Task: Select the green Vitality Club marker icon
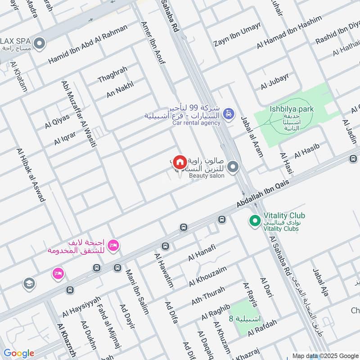[255, 221]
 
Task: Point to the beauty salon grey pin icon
[233, 168]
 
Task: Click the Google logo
[18, 353]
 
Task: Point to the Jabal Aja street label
[321, 283]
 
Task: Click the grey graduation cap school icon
[29, 284]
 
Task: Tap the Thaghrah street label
[112, 74]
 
